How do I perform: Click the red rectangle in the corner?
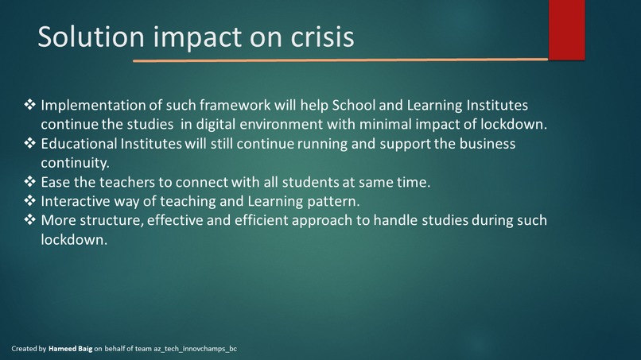pyautogui.click(x=566, y=29)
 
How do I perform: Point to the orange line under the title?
pyautogui.click(x=340, y=60)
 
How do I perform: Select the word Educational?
pyautogui.click(x=78, y=144)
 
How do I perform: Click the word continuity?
pyautogui.click(x=75, y=163)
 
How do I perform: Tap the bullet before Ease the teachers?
pyautogui.click(x=30, y=182)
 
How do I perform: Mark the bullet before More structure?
pyautogui.click(x=30, y=220)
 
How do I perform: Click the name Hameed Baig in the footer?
pyautogui.click(x=70, y=349)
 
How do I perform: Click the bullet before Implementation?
pyautogui.click(x=30, y=106)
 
